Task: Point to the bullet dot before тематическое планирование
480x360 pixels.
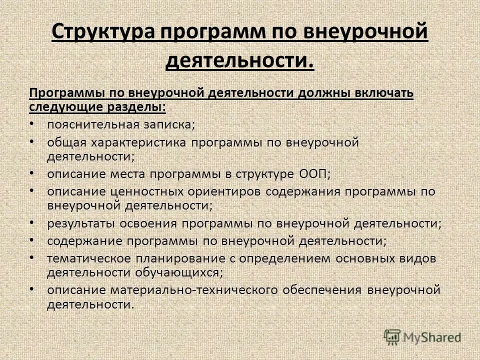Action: [31, 258]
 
